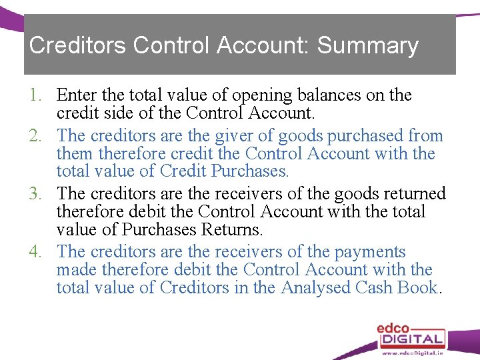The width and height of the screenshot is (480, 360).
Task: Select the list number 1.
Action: [36, 96]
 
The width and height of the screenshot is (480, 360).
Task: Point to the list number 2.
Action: [36, 136]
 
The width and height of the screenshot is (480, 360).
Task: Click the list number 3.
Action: [36, 194]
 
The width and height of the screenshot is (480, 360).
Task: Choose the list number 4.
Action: [36, 252]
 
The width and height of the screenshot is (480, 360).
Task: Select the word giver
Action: [234, 136]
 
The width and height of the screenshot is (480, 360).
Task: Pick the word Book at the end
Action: [418, 288]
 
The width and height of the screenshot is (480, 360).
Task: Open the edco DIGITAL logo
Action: [411, 333]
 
